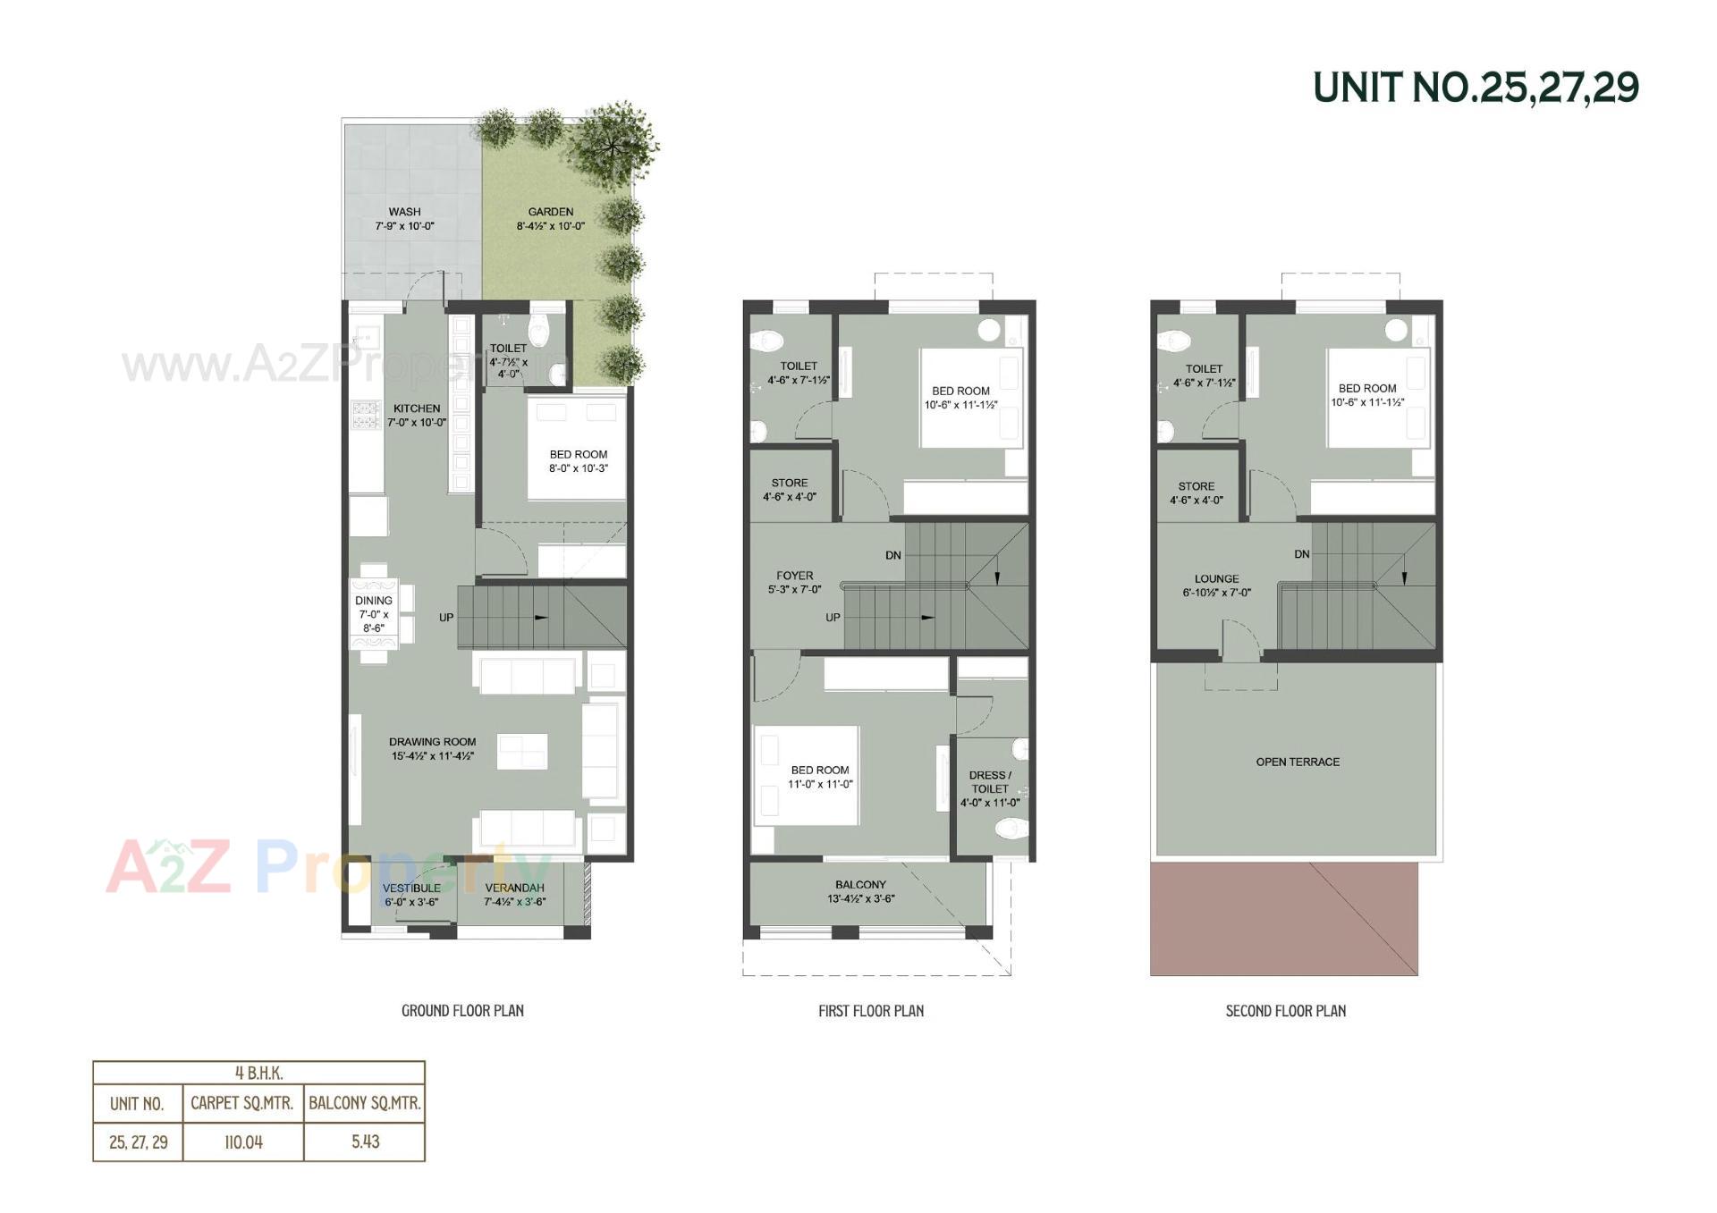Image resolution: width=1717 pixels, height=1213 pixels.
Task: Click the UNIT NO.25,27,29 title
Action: [x=1475, y=88]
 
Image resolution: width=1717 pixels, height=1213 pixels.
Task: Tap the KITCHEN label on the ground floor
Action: [x=417, y=409]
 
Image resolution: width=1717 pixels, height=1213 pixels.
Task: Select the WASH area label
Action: [x=404, y=212]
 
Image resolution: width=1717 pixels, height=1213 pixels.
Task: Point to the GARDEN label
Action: [x=550, y=212]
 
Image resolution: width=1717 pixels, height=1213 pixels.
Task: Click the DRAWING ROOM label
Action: [x=432, y=742]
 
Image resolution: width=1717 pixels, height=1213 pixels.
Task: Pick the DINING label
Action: [x=373, y=601]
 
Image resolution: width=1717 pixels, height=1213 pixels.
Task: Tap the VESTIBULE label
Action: [x=411, y=888]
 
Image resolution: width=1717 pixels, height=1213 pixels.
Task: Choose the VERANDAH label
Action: [x=514, y=888]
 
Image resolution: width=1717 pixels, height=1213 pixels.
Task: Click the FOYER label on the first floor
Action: [x=795, y=576]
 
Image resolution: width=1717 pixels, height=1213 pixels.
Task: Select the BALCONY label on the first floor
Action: [x=860, y=884]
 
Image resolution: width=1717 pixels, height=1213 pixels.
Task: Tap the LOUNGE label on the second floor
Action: [x=1216, y=578]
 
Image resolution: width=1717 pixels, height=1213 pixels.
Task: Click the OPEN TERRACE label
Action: [x=1298, y=762]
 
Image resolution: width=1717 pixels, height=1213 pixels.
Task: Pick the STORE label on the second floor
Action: [x=1196, y=486]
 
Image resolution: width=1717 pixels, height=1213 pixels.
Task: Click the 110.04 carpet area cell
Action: [x=243, y=1141]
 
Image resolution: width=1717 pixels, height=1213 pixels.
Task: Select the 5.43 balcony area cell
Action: [x=365, y=1141]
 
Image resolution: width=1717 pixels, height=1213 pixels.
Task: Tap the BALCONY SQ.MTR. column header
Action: [x=364, y=1103]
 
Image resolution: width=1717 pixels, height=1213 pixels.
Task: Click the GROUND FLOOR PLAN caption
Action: [x=462, y=1011]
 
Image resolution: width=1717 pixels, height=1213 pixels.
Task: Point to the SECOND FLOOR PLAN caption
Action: [x=1285, y=1011]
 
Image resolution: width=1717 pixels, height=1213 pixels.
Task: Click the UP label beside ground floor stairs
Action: [x=446, y=618]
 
